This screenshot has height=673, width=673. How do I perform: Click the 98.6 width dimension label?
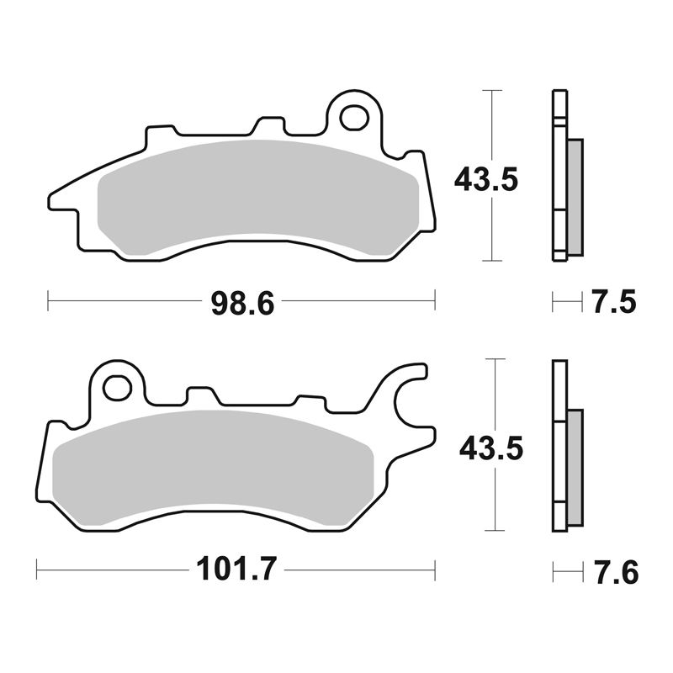[242, 300]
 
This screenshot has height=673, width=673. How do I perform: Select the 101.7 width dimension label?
[236, 570]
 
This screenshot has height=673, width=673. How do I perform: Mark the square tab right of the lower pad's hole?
[200, 395]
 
